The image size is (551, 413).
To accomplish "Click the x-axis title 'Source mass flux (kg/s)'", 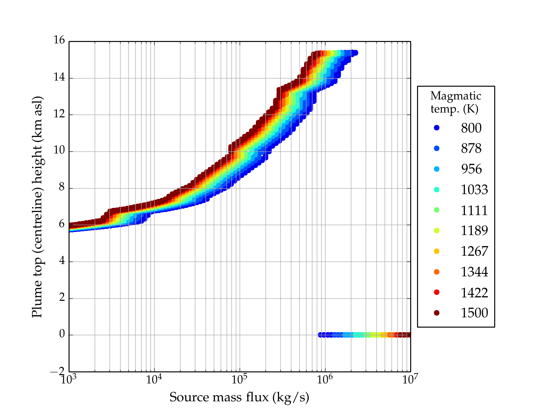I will click(239, 397).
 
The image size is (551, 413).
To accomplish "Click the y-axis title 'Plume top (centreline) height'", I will click(37, 206).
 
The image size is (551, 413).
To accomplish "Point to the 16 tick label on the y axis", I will click(59, 40).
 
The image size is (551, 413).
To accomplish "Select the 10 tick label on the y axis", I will click(59, 151).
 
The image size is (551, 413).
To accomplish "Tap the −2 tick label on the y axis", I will click(57, 371).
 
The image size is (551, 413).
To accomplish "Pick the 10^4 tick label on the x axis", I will click(154, 380).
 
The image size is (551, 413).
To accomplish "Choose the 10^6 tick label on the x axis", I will click(324, 380).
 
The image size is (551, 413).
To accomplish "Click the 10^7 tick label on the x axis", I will click(410, 380).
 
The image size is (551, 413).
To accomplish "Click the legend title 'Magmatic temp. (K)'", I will click(455, 102).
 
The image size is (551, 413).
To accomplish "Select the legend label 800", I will click(471, 128).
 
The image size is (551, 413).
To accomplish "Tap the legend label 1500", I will click(474, 313).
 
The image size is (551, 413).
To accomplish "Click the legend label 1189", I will click(474, 231).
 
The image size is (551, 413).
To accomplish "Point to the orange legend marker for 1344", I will click(437, 272).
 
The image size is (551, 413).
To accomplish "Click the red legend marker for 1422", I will click(437, 292).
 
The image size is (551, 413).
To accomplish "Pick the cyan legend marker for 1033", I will click(437, 190).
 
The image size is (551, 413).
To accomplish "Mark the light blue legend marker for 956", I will click(437, 169).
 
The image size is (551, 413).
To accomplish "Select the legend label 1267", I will click(474, 251).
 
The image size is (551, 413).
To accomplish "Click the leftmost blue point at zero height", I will click(320, 335).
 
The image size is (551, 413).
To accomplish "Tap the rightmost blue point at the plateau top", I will click(355, 53).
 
